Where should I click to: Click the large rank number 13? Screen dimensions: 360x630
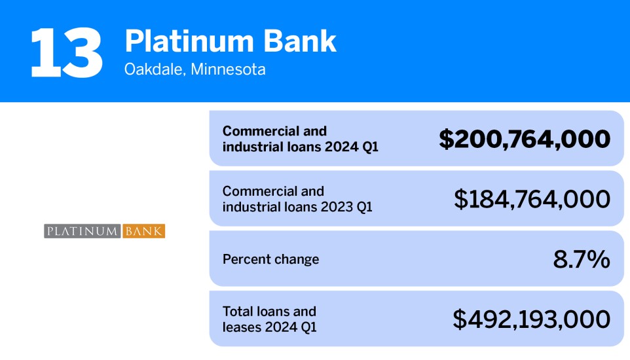66,52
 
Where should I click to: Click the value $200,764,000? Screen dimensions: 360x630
524,139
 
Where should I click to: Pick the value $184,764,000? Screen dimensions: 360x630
532,199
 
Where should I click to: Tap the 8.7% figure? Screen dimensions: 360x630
582,259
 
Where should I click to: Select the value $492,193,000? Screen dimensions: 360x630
531,319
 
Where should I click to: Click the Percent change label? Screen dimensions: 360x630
270,259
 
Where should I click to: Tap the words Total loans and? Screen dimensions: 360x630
269,312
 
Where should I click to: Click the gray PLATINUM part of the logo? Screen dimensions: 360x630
83,231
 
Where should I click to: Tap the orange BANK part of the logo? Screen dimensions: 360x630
143,231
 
